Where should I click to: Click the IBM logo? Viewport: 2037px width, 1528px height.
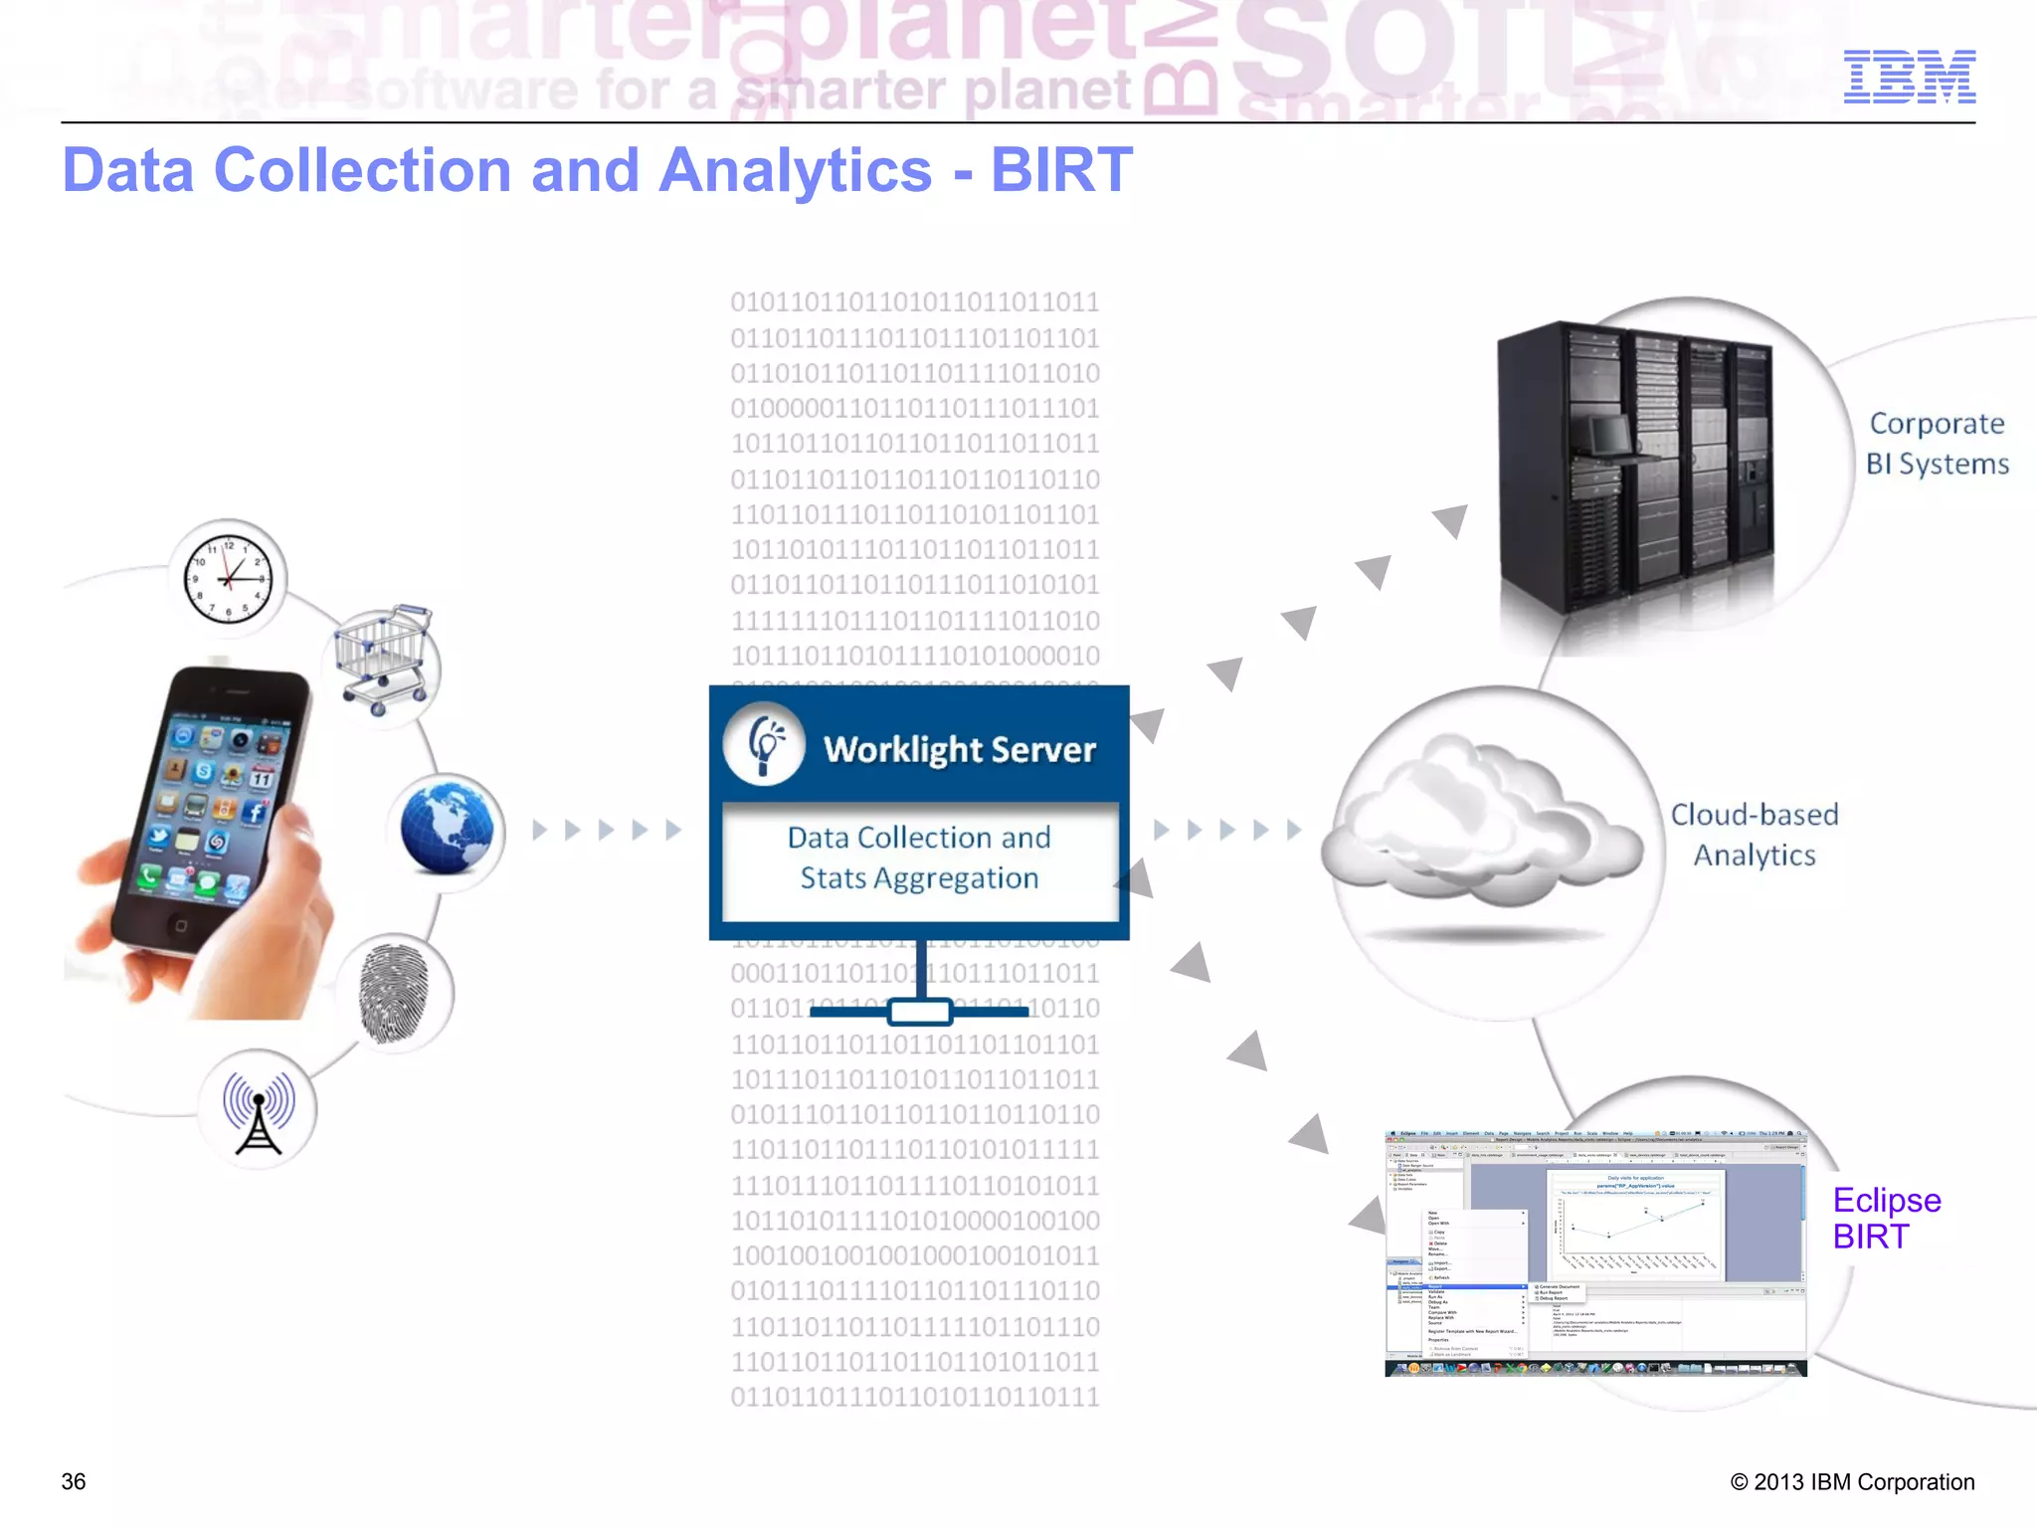1909,77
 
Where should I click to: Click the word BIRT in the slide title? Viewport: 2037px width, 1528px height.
1061,170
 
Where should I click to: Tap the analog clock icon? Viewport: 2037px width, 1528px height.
229,576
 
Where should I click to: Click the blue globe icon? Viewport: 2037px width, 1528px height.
447,829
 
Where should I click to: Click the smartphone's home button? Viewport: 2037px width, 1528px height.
180,925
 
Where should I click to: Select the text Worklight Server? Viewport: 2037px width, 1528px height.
959,749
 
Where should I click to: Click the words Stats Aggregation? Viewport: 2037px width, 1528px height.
919,878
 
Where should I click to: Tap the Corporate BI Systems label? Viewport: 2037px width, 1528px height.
1936,444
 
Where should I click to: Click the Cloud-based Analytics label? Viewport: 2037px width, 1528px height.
1755,835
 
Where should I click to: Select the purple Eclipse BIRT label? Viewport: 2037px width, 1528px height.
1885,1218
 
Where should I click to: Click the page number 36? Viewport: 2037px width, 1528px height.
74,1481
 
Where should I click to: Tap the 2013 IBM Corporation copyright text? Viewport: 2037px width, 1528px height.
1852,1481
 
